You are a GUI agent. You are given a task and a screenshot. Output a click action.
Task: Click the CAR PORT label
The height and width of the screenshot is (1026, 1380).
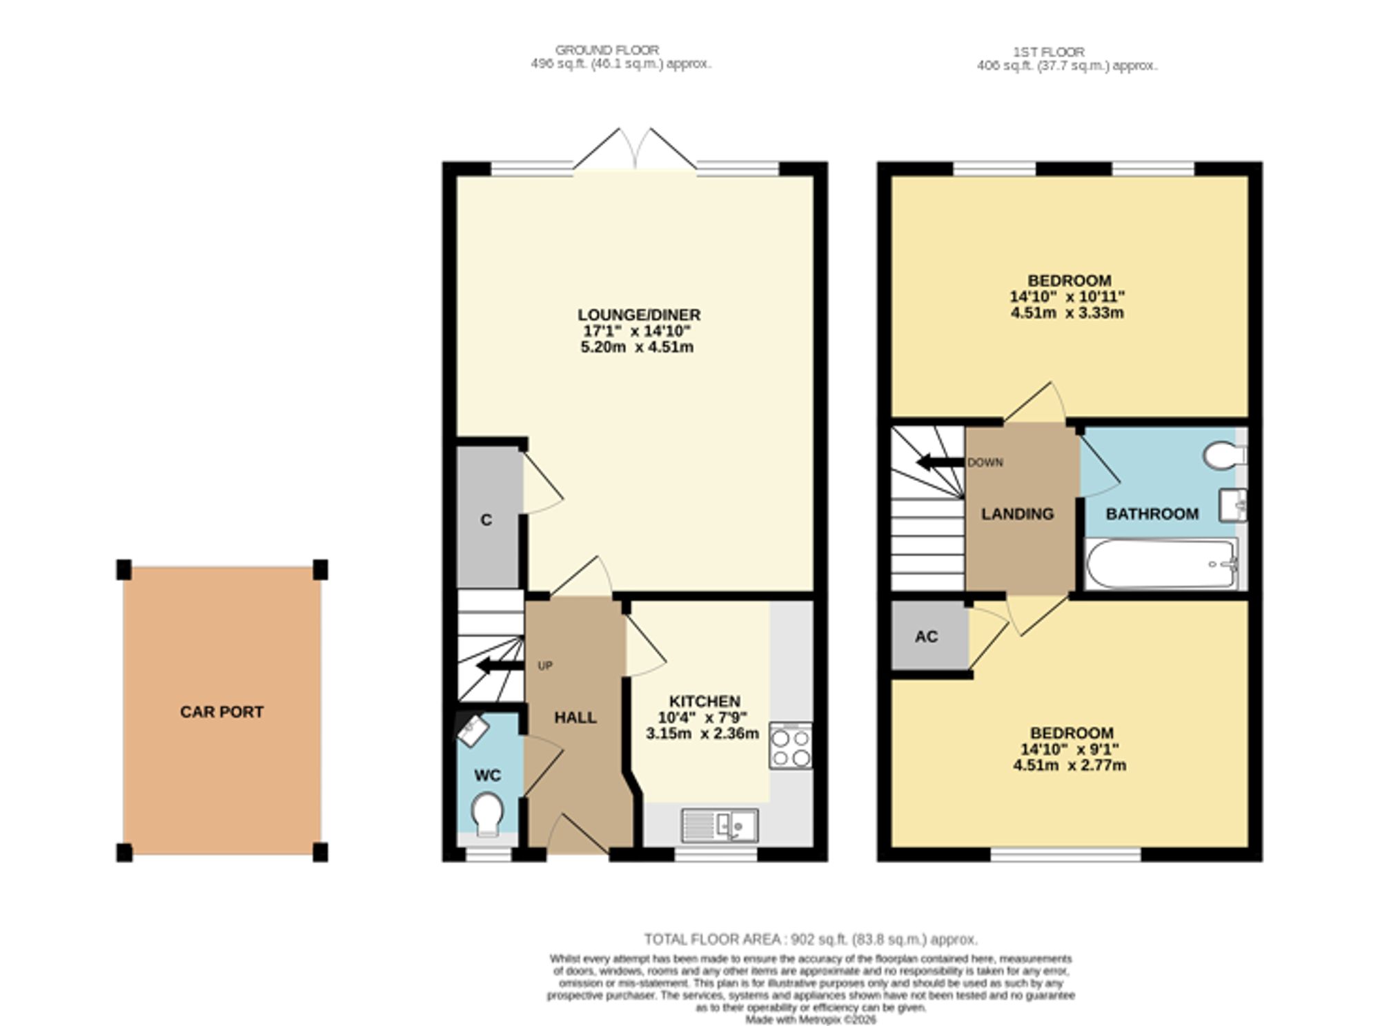point(221,711)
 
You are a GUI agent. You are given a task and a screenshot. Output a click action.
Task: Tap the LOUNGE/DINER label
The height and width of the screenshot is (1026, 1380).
point(639,315)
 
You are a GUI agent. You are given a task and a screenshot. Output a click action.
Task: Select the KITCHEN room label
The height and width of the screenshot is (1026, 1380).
point(704,701)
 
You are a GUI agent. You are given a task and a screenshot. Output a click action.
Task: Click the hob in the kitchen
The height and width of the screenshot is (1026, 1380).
point(791,745)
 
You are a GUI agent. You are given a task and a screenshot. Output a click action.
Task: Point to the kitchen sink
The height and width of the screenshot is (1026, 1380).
point(720,825)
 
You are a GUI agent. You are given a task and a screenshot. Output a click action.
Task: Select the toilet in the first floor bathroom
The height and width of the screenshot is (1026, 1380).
point(1225,455)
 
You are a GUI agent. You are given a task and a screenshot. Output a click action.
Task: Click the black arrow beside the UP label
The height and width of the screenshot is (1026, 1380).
point(500,666)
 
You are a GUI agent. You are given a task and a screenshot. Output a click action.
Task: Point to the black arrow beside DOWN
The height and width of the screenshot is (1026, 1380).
point(940,462)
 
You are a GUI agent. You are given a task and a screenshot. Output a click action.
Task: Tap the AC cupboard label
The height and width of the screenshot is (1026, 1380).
point(926,636)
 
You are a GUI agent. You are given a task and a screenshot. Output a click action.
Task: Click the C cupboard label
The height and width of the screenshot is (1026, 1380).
point(486,520)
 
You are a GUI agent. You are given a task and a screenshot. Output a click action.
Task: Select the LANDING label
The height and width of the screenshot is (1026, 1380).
point(1017,514)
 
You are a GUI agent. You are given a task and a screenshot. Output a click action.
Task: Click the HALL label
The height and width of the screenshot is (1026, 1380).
point(575,718)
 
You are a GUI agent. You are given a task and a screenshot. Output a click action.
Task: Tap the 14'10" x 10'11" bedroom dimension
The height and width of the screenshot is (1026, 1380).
point(1067,297)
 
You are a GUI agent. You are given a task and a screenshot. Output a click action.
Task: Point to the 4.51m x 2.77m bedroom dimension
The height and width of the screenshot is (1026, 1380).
point(1069,765)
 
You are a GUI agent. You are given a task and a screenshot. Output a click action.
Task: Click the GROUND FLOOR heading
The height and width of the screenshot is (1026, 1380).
point(607,50)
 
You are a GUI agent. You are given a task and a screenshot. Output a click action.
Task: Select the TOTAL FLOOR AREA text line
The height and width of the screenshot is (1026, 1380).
point(811,939)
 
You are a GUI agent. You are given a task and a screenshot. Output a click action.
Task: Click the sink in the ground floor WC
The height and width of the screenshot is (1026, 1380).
point(473,729)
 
